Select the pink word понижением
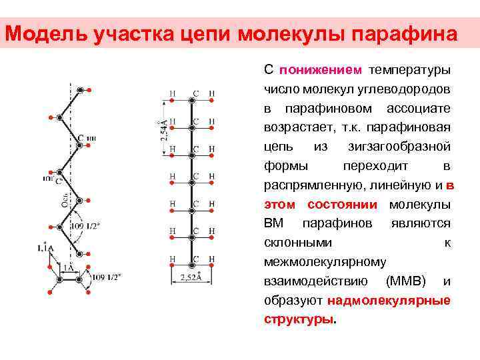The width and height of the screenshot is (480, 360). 321,69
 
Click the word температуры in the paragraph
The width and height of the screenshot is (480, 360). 411,69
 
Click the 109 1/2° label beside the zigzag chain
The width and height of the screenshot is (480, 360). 87,226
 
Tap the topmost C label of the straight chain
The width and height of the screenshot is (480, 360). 195,93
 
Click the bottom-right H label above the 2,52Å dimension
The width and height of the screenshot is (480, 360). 212,258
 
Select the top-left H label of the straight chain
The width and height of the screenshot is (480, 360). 173,93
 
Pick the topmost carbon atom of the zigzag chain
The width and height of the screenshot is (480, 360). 80,89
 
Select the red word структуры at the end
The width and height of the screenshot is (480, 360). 299,320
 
